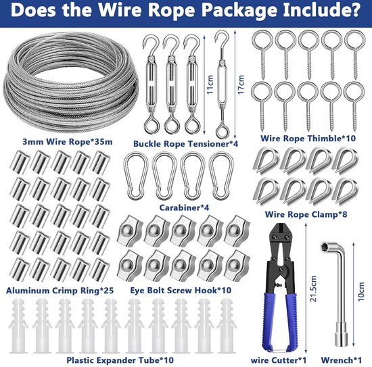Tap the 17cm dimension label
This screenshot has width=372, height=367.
[x=241, y=84]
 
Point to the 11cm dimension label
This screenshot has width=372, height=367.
[x=210, y=84]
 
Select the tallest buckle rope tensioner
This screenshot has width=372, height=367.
[x=223, y=84]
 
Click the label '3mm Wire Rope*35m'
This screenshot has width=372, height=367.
[x=68, y=142]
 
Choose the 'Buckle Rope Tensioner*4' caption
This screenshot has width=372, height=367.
[x=185, y=144]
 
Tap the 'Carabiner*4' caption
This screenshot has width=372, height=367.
[x=184, y=207]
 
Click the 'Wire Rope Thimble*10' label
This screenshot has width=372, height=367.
[x=308, y=139]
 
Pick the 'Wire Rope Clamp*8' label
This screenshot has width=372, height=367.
[x=306, y=214]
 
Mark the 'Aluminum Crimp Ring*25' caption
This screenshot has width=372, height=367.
[x=60, y=291]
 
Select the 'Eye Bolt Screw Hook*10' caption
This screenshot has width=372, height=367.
[x=181, y=291]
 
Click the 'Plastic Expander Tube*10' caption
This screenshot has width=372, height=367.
[x=120, y=360]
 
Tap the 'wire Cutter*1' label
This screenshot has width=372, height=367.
[x=279, y=360]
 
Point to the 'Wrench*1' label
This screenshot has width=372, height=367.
[x=342, y=360]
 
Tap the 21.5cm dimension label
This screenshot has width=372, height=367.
[x=313, y=289]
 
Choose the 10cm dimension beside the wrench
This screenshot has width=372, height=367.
[x=361, y=292]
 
